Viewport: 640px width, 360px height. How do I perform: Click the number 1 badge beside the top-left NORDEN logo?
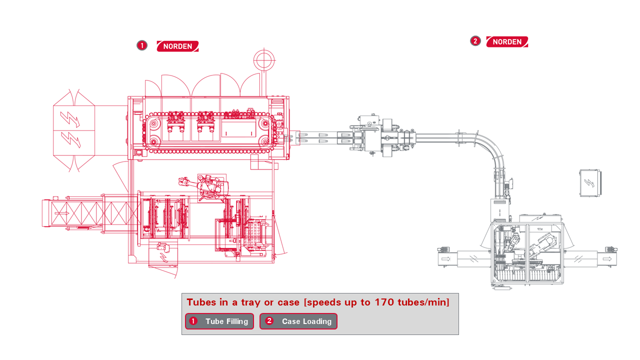[142, 45]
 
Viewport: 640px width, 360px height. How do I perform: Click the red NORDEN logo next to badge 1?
[177, 46]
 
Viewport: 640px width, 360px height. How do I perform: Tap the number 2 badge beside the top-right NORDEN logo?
[475, 41]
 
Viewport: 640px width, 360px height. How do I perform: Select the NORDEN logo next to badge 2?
[507, 42]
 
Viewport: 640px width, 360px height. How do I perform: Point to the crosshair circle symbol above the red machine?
[264, 60]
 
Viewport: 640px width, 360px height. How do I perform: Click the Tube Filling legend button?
[219, 321]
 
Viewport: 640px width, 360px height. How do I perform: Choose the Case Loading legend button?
[298, 321]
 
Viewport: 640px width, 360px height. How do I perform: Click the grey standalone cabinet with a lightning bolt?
[590, 183]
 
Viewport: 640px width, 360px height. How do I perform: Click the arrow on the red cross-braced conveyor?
[62, 213]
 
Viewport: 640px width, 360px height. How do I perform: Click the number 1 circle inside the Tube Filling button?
[193, 321]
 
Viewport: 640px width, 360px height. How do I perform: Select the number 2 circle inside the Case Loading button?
[269, 321]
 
